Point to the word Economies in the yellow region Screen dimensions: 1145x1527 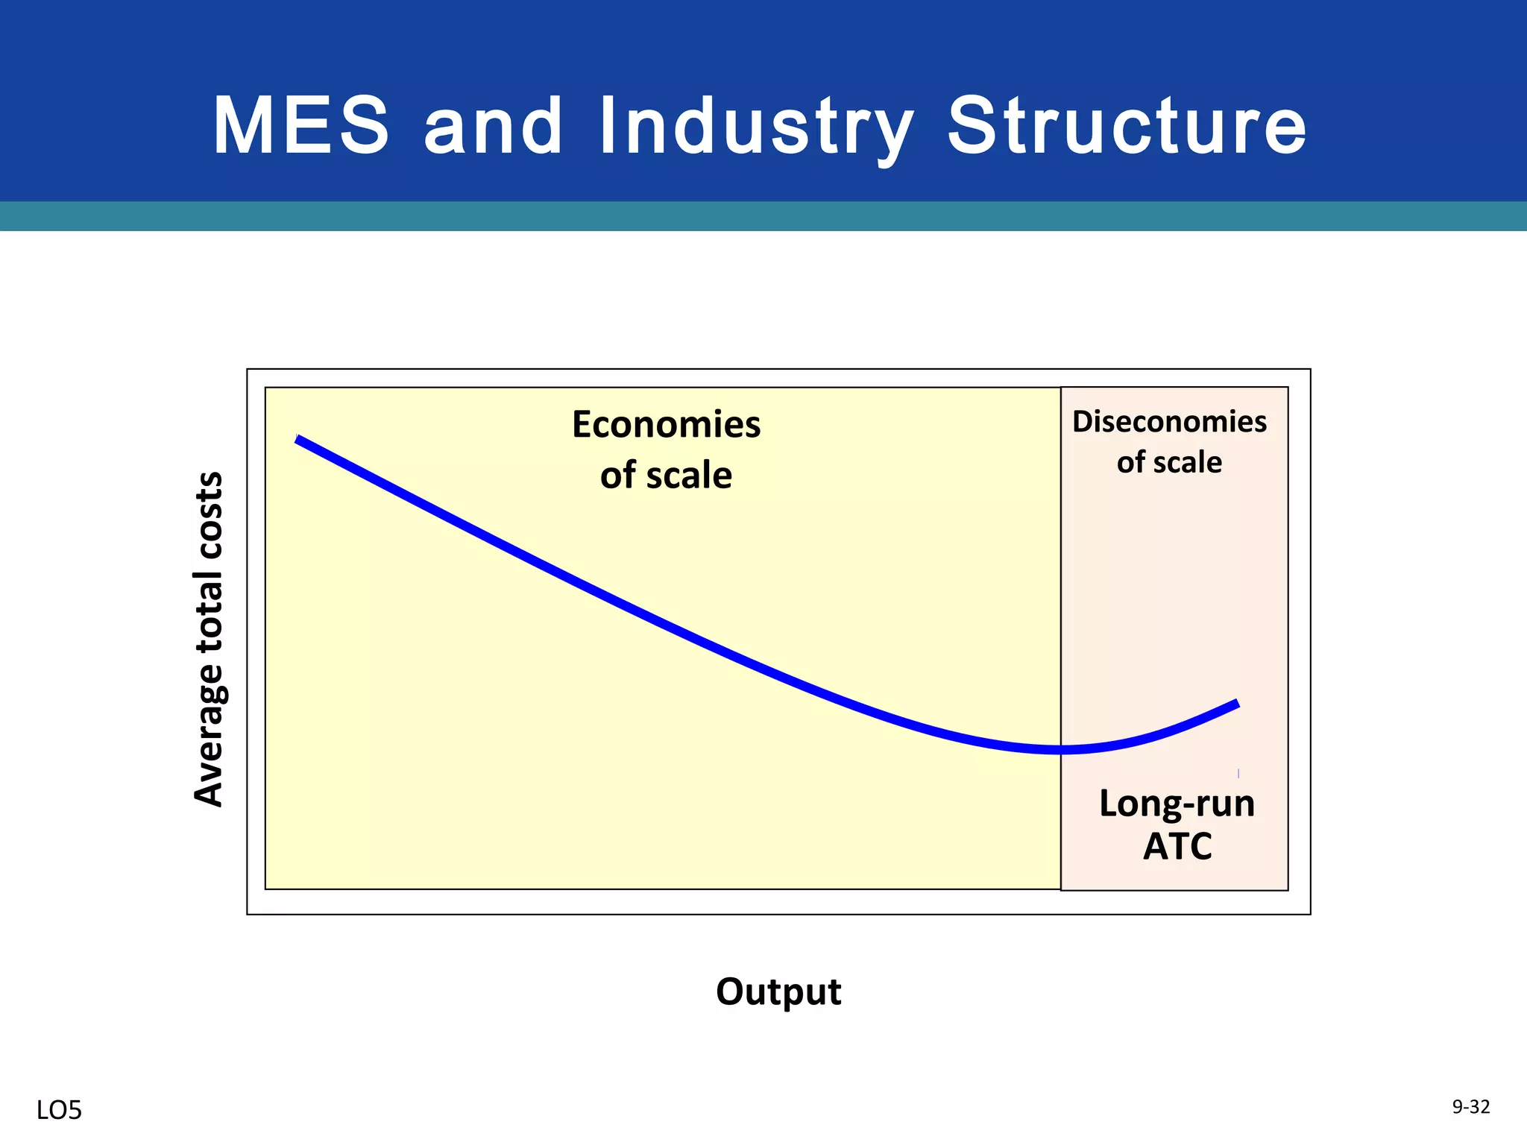coord(666,425)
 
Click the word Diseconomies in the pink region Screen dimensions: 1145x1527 coord(1169,422)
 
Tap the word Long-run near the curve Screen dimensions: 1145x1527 coord(1177,804)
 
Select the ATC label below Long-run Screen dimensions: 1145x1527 coord(1177,846)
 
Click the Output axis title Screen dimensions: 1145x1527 coord(778,992)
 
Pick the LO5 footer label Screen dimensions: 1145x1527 coord(59,1111)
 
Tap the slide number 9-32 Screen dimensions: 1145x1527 coord(1471,1107)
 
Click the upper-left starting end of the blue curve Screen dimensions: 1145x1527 coord(298,440)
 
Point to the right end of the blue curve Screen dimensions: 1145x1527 coord(1237,704)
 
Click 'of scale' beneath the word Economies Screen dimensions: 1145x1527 coord(666,476)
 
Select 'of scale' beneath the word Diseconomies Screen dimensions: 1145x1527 coord(1169,463)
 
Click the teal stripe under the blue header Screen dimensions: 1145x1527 coord(763,216)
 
